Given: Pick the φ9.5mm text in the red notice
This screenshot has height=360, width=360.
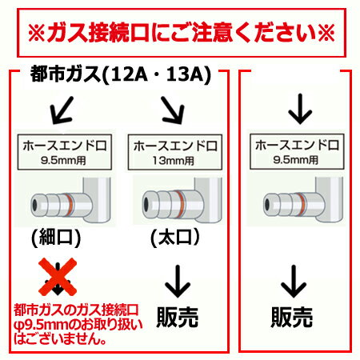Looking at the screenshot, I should tap(38, 324).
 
